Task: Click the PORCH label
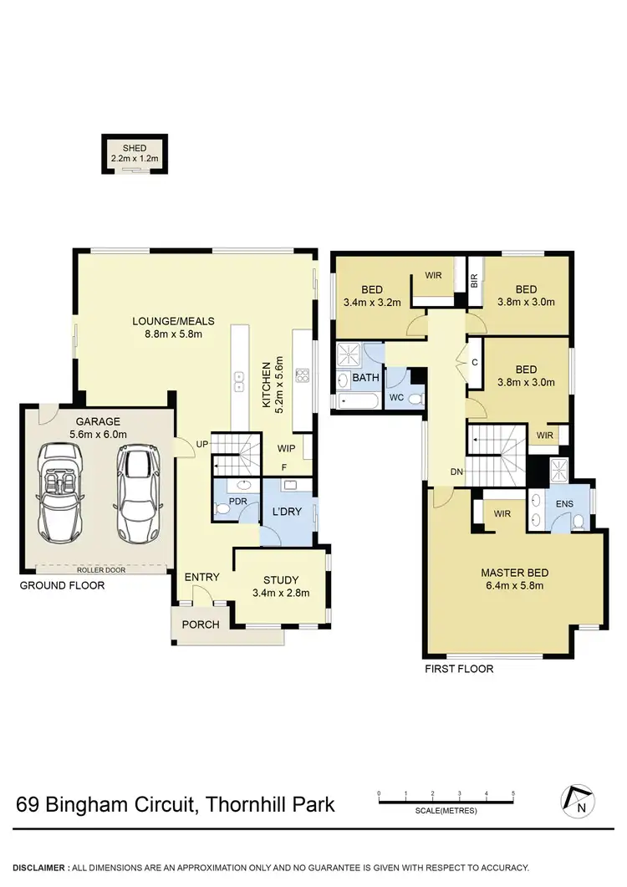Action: (x=201, y=624)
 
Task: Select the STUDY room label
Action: (x=281, y=580)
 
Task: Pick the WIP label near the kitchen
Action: (x=287, y=448)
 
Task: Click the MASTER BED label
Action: (x=514, y=573)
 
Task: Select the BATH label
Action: (x=365, y=378)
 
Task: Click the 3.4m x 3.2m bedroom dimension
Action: (x=372, y=303)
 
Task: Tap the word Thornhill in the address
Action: (x=242, y=804)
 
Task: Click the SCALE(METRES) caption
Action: (x=446, y=811)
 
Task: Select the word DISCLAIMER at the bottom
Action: (x=38, y=869)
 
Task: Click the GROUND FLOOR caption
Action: (x=62, y=585)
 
